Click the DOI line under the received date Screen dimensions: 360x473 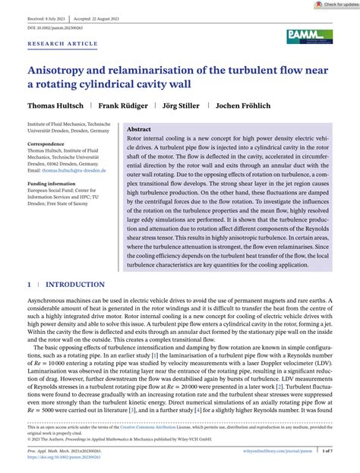(x=55, y=27)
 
